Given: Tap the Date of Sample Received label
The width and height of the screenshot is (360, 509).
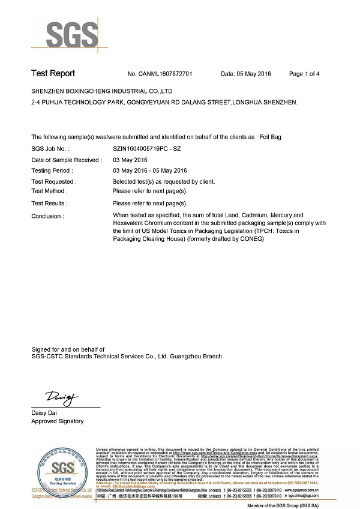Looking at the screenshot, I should click(x=67, y=160).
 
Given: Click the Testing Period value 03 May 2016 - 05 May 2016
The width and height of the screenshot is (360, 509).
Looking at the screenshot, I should click(x=151, y=170).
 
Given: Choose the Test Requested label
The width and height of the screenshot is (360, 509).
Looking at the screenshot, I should click(x=53, y=181).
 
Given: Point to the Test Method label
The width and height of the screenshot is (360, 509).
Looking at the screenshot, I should click(x=49, y=191).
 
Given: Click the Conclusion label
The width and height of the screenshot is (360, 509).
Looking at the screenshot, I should click(x=47, y=216).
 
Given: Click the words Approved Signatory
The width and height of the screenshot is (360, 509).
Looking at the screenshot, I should click(x=58, y=421).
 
